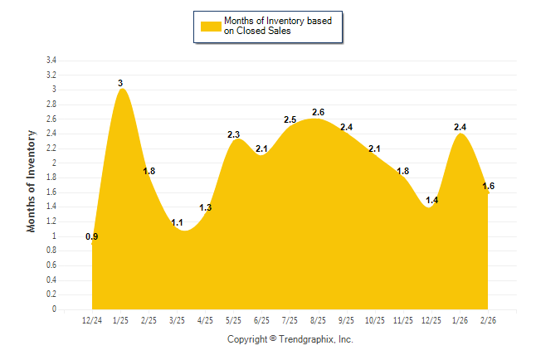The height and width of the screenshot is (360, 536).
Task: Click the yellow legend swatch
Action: tap(211, 27)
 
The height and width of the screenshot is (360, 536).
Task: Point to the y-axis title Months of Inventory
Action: tap(32, 180)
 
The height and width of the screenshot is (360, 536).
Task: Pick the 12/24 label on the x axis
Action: tap(92, 321)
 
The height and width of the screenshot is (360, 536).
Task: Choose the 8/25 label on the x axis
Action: tap(318, 321)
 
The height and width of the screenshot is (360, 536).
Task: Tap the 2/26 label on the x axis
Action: tap(488, 321)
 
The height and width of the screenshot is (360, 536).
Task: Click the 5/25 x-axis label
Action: tap(233, 321)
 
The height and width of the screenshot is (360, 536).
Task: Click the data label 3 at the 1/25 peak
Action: tap(120, 83)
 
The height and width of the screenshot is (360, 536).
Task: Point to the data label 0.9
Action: tap(92, 237)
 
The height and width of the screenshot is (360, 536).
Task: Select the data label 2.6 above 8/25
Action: tap(319, 112)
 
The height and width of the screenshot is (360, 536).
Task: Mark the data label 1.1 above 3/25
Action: tap(177, 222)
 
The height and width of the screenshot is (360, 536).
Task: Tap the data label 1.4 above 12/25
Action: tap(431, 201)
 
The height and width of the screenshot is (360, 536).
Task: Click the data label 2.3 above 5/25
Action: tap(233, 134)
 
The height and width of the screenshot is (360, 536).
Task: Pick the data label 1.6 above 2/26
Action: tap(488, 186)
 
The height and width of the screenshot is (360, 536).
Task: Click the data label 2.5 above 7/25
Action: tap(290, 119)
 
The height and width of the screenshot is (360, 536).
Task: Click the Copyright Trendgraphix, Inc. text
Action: tap(290, 339)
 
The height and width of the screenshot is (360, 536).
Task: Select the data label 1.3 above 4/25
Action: tap(206, 207)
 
